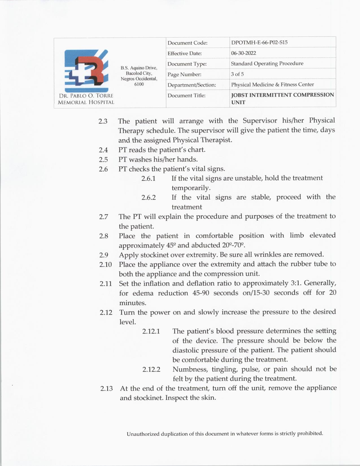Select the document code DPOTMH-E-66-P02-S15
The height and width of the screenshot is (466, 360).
[259, 43]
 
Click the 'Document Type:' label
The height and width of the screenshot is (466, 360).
[187, 64]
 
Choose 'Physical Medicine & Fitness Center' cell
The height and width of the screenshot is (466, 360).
[272, 84]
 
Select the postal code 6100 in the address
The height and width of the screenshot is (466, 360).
[139, 84]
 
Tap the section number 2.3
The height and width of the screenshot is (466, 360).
[103, 121]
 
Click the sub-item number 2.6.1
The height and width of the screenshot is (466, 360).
[149, 178]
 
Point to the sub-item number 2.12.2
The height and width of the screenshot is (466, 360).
[151, 369]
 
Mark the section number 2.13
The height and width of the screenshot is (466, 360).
[106, 389]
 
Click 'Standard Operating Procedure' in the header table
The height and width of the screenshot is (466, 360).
[267, 64]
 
